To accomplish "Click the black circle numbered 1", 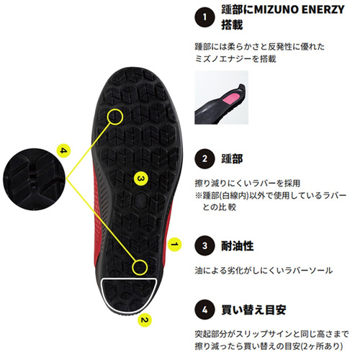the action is click(x=204, y=17).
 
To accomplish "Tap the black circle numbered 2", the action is click(x=204, y=159).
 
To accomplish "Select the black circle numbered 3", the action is click(x=204, y=246).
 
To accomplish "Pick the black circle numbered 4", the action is click(x=204, y=310).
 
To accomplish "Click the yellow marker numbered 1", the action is click(x=175, y=244).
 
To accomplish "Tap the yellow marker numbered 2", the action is click(x=145, y=320).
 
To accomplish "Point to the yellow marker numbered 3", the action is click(x=140, y=179).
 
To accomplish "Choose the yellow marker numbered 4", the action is click(x=63, y=150).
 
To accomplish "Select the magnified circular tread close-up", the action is click(x=35, y=179).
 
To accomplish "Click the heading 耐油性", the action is click(x=237, y=246).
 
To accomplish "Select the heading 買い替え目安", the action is click(x=253, y=310).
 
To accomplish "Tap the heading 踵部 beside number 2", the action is click(x=232, y=159).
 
